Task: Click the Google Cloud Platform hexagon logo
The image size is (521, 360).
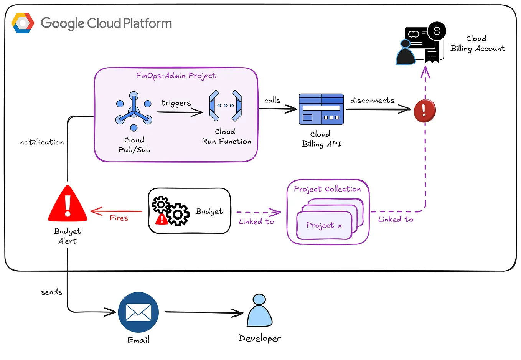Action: click(23, 23)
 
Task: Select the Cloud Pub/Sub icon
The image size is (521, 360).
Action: click(134, 111)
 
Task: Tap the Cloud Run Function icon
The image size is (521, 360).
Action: click(225, 106)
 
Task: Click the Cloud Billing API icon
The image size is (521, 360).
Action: click(321, 109)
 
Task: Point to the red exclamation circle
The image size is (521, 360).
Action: click(425, 111)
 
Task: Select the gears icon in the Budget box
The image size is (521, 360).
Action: click(171, 210)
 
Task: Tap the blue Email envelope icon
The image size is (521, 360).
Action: click(138, 312)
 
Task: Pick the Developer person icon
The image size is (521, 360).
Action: click(259, 310)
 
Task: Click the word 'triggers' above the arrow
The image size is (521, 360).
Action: click(176, 103)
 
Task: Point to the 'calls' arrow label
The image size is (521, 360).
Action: click(272, 101)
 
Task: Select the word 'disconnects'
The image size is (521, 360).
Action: click(372, 101)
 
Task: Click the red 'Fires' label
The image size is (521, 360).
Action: click(119, 218)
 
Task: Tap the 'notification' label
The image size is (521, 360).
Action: click(42, 142)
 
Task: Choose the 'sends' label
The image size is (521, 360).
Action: click(51, 292)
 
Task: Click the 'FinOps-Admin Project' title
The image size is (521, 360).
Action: click(176, 76)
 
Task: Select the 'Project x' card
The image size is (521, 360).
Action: click(324, 225)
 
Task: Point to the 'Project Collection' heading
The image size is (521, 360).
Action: click(327, 189)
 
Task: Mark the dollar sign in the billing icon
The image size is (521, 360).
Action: click(437, 31)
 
